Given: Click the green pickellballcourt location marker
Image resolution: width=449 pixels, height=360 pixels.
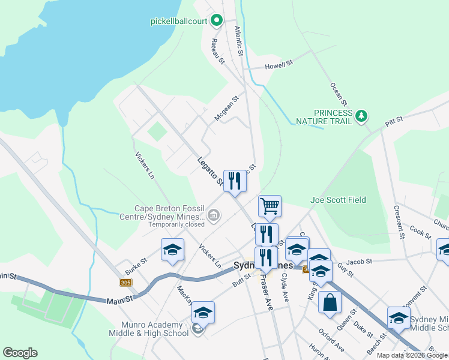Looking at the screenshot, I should [x=217, y=21].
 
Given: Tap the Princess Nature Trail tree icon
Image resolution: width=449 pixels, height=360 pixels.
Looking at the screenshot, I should [x=361, y=115].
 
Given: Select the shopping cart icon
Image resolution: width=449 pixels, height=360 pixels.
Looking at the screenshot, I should [x=270, y=206].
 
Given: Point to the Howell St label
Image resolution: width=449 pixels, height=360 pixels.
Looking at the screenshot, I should [x=280, y=62].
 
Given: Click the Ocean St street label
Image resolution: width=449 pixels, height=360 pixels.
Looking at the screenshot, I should [x=337, y=92].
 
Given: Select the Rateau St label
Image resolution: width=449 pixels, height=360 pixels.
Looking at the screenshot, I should [x=217, y=52].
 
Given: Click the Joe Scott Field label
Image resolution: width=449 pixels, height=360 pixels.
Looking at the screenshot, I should [x=338, y=200].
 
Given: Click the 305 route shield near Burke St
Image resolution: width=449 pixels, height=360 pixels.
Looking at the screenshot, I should [x=125, y=282].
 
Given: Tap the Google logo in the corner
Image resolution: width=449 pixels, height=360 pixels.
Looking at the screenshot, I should [x=20, y=353].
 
